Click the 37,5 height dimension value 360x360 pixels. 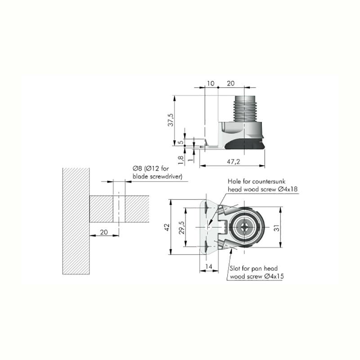171,120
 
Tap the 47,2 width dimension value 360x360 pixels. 233,162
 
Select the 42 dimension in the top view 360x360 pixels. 167,227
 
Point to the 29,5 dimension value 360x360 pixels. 182,228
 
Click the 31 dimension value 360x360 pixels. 277,228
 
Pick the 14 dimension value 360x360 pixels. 208,266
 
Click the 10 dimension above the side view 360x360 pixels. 210,83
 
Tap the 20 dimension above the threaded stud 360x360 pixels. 230,83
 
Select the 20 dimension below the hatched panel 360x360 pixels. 104,232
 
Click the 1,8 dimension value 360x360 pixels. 181,160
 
